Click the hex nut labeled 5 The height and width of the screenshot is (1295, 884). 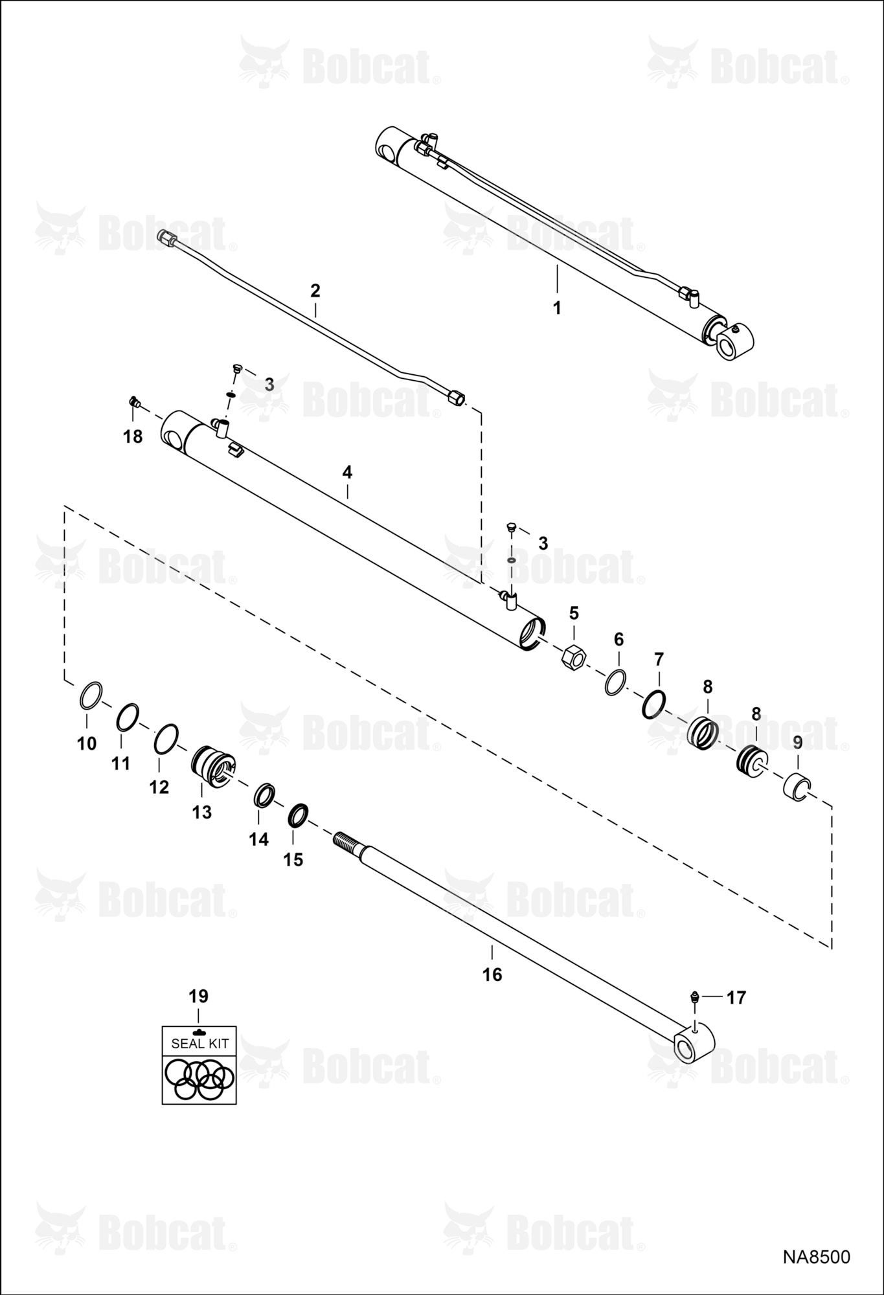(x=573, y=657)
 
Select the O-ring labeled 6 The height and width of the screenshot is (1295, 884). (x=616, y=682)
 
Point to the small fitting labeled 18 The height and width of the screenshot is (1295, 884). (x=135, y=403)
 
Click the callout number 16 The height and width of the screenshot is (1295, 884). (x=492, y=974)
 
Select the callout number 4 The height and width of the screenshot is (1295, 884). (x=347, y=472)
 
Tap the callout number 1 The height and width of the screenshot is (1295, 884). (x=557, y=308)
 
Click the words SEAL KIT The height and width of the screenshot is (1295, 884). (x=199, y=1043)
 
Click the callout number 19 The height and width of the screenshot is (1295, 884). (x=198, y=995)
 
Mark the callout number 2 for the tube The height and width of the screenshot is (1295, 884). (x=315, y=290)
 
